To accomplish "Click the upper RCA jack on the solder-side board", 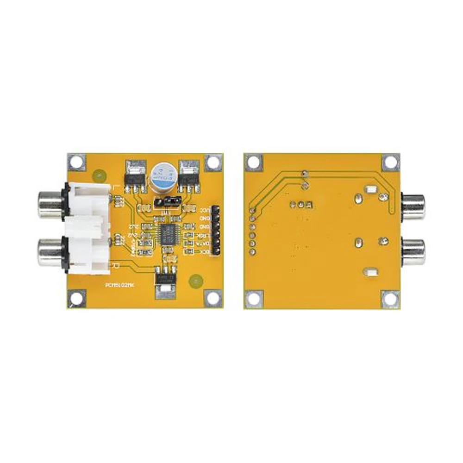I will [x=413, y=206].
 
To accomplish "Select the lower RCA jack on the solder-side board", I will [x=413, y=252].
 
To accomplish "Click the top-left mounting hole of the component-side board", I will [x=77, y=162].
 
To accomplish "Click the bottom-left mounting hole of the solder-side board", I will [x=254, y=299].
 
